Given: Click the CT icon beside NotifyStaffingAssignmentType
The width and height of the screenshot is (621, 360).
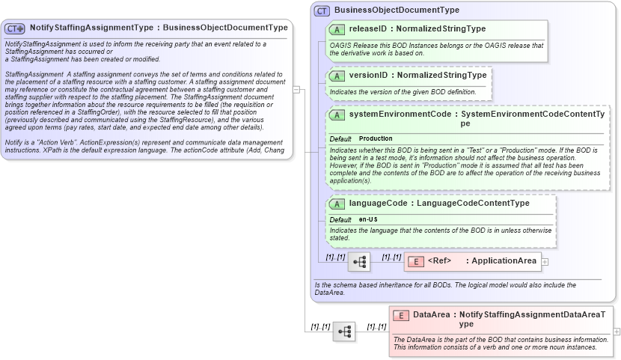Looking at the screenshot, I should click(x=15, y=28).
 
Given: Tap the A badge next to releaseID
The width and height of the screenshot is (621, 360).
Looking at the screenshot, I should click(x=337, y=29).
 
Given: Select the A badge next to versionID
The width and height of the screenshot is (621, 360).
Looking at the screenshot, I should click(x=337, y=76).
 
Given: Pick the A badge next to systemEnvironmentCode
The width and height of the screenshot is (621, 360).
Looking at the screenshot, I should click(x=337, y=115).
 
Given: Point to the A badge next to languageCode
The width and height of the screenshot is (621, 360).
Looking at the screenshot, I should click(x=337, y=204).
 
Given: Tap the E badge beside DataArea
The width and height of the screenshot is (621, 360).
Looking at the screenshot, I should click(x=400, y=315).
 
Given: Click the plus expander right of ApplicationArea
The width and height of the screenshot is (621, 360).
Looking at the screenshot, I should click(x=545, y=261).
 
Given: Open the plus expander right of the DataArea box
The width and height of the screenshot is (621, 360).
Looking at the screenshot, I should click(x=617, y=331).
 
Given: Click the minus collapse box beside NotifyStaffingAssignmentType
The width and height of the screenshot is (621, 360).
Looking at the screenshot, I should click(x=296, y=90).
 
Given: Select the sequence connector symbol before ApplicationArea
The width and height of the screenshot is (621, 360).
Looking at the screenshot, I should click(x=358, y=262).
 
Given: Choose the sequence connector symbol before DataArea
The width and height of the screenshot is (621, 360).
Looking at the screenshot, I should click(x=344, y=332).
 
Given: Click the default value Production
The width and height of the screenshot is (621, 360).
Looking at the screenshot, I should click(x=376, y=139).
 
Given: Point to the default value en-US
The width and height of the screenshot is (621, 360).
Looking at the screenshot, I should click(x=368, y=219).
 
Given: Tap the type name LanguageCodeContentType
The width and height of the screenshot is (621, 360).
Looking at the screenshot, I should click(x=473, y=204).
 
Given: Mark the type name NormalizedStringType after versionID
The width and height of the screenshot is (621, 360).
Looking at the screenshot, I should click(x=441, y=76).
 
